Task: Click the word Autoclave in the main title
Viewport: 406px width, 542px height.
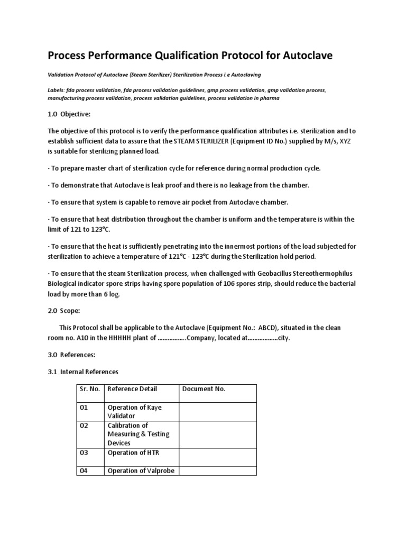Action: pos(303,55)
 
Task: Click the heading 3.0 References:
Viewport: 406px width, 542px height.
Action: pos(71,355)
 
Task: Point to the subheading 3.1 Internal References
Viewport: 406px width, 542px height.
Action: pos(83,372)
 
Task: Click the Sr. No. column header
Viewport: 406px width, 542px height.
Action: pos(89,389)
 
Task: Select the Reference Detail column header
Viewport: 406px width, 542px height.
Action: pos(132,389)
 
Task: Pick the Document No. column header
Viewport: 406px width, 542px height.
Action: pos(204,389)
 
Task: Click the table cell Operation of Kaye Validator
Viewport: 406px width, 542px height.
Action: pos(134,411)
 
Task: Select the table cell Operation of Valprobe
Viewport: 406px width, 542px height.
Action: pos(141,471)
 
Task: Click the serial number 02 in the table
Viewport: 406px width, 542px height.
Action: pos(84,426)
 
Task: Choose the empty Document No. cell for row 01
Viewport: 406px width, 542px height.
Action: pos(217,411)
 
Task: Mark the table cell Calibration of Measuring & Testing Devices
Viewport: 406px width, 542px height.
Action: pos(138,433)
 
